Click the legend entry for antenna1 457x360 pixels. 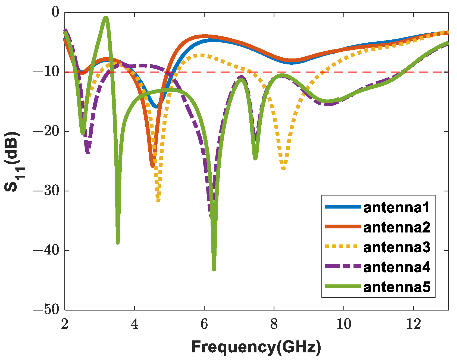pyautogui.click(x=396, y=207)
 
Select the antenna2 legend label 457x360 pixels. pyautogui.click(x=396, y=227)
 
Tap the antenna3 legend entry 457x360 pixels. pyautogui.click(x=396, y=247)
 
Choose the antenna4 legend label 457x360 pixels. pyautogui.click(x=396, y=267)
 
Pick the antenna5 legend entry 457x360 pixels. pyautogui.click(x=396, y=287)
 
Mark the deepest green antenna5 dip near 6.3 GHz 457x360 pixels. pyautogui.click(x=214, y=269)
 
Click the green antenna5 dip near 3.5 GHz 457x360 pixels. pyautogui.click(x=118, y=242)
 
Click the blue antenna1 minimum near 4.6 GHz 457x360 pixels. pyautogui.click(x=156, y=107)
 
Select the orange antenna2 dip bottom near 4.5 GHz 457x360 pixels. pyautogui.click(x=152, y=166)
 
